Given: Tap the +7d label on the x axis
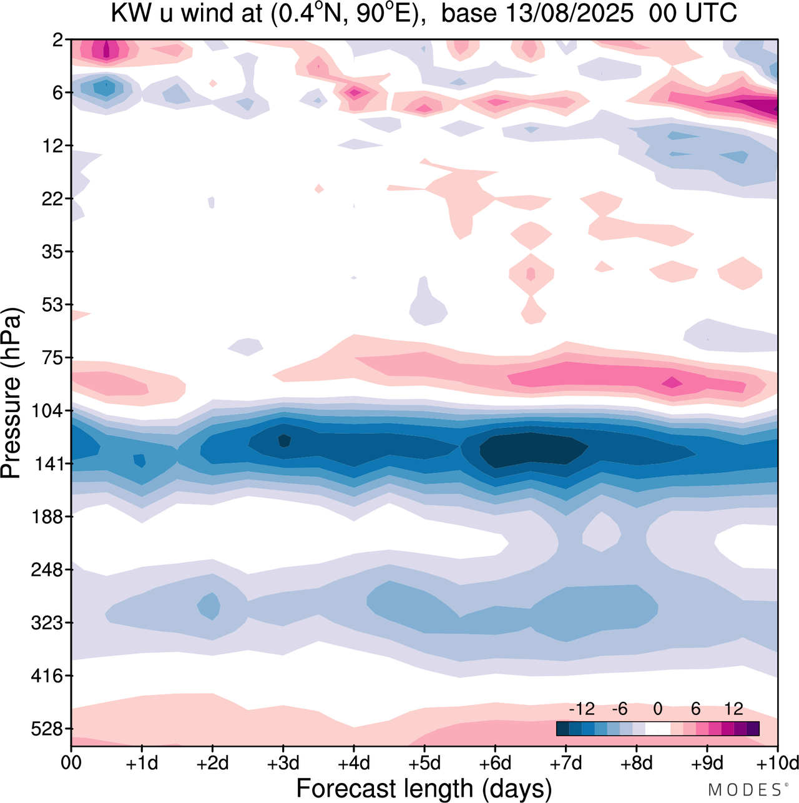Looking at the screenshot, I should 566,763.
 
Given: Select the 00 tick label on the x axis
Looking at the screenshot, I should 72,763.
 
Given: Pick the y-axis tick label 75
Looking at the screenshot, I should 57,358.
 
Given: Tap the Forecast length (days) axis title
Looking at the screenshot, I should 424,789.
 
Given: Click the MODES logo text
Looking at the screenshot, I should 747,790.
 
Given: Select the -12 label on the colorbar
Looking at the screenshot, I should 581,709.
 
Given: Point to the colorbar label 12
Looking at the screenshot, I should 733,709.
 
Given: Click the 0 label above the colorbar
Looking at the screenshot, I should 657,709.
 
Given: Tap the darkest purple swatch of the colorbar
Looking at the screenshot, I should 753,729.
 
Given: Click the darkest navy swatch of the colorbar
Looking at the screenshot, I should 562,729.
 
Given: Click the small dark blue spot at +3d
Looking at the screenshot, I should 284,440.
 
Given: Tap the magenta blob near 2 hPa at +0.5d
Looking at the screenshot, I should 106,50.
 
